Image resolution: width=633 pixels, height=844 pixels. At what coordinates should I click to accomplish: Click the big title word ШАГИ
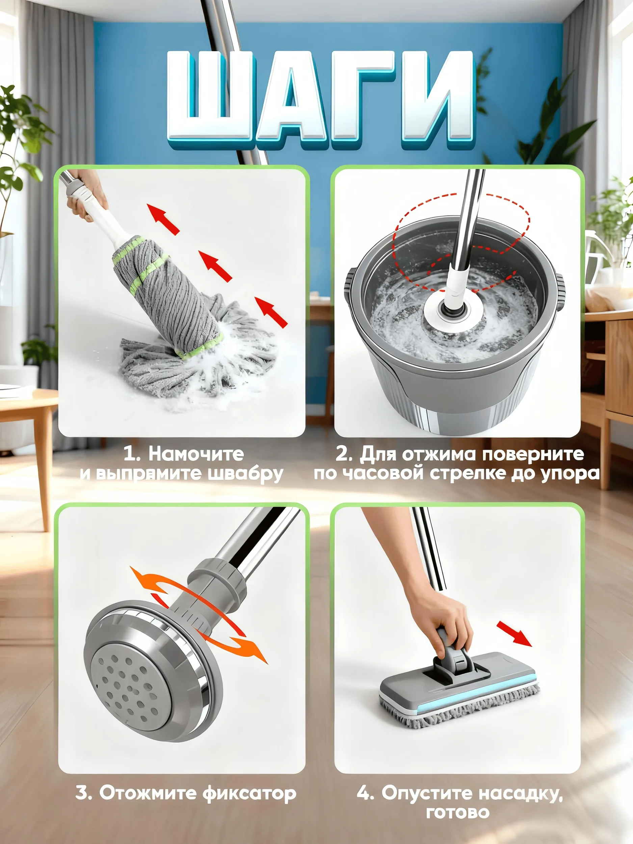tap(322, 100)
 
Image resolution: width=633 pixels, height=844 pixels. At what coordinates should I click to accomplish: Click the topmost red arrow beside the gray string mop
tap(163, 219)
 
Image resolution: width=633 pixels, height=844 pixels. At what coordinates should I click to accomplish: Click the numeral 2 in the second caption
tap(342, 454)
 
